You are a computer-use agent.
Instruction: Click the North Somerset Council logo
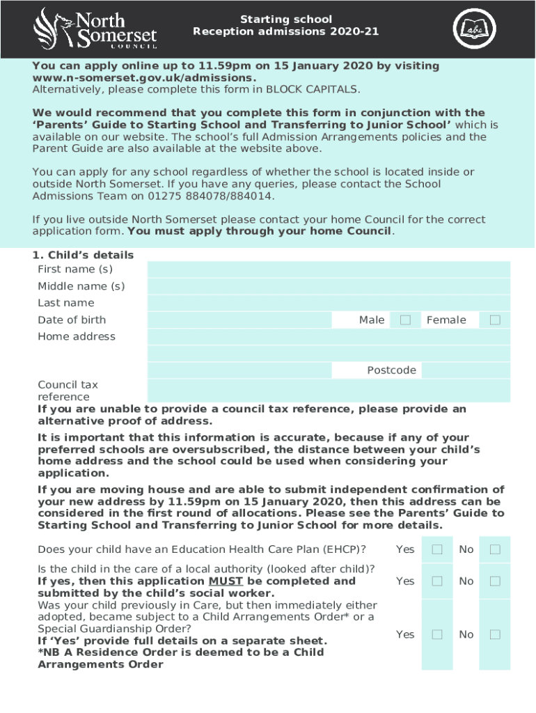coord(95,29)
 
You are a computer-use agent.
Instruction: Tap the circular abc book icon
coord(475,29)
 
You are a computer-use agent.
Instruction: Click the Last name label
coord(65,303)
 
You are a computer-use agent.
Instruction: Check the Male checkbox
coord(405,320)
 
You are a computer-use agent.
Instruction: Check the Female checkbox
coord(495,320)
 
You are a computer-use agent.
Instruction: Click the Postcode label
coord(391,370)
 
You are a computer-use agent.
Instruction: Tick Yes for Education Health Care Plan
coord(437,549)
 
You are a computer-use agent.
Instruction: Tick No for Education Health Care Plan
coord(495,549)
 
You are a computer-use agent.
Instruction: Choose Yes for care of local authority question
coord(437,581)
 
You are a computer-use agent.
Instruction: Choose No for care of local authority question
coord(495,581)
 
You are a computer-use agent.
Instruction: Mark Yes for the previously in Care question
coord(437,634)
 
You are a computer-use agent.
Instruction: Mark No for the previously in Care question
coord(495,634)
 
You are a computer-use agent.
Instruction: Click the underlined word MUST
coord(226,581)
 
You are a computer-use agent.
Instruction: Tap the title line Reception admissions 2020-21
coord(286,31)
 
